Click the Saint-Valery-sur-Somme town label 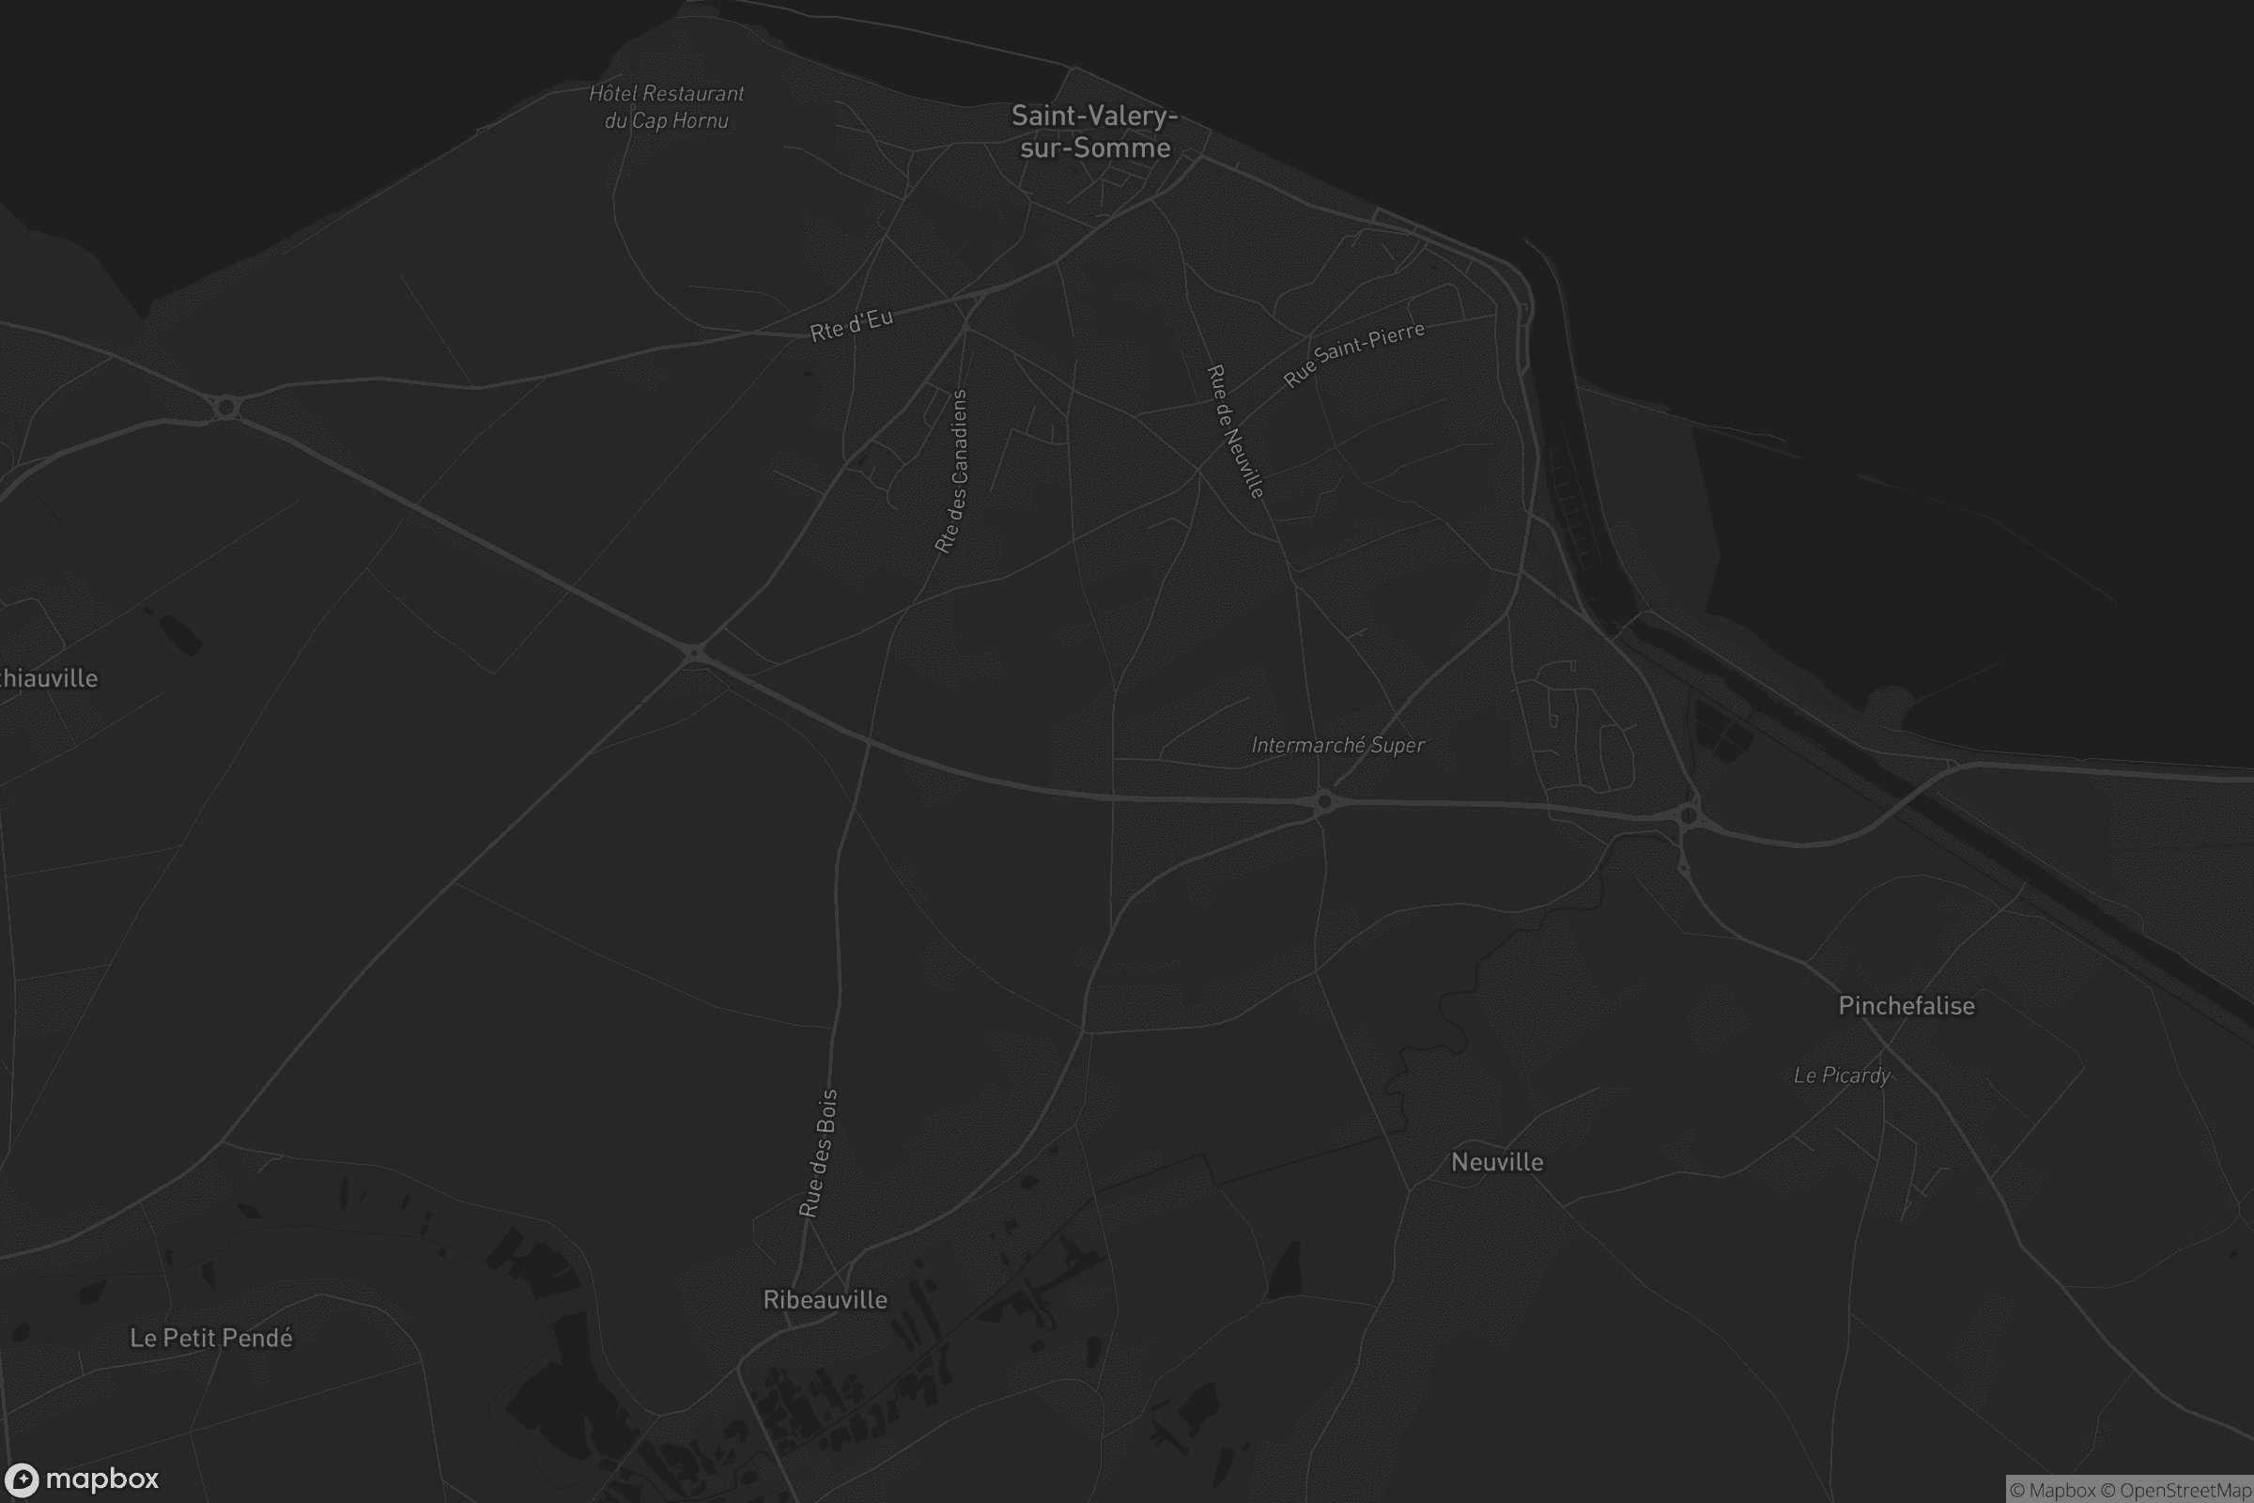coord(1094,132)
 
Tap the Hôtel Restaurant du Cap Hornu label coord(666,106)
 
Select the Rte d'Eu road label coord(851,324)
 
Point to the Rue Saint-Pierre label coord(1353,354)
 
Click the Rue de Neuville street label coord(1235,430)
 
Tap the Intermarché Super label coord(1337,745)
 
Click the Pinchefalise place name coord(1906,1005)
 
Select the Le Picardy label coord(1841,1075)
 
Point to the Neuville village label coord(1497,1162)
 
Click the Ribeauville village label coord(825,1299)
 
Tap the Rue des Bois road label coord(818,1153)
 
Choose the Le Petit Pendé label coord(210,1337)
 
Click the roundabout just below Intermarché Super coord(1323,800)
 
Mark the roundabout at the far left coord(226,408)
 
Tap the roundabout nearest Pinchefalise coord(1689,815)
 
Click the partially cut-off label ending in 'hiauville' coord(48,678)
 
